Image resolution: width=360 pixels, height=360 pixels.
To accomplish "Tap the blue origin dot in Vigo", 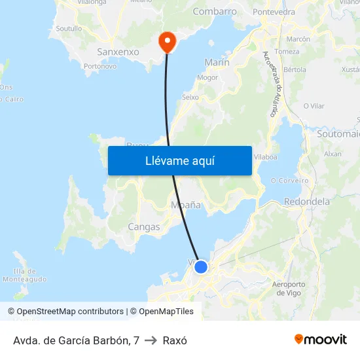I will [201, 267].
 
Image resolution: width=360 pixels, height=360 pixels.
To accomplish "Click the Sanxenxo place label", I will [118, 51].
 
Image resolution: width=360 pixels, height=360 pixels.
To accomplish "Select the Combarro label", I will [215, 11].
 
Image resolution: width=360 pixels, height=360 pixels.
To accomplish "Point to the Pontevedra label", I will [274, 12].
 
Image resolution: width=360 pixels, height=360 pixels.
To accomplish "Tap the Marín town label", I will [217, 62].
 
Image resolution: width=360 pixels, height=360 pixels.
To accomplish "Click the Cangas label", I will [144, 227].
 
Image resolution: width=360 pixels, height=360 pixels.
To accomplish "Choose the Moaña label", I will [185, 205].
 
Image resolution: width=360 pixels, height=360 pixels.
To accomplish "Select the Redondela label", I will [307, 202].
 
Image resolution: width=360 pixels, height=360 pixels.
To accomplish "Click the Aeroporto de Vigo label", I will [287, 289].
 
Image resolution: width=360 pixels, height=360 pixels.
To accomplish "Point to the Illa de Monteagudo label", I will [24, 275].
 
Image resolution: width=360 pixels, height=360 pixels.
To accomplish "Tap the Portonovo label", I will [100, 66].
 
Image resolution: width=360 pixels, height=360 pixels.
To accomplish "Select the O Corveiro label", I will [289, 181].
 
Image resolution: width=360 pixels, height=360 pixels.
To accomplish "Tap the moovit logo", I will [320, 339].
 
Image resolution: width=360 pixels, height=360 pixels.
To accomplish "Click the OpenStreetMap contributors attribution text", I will [65, 312].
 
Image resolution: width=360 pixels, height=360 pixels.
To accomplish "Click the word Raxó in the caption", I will [175, 340].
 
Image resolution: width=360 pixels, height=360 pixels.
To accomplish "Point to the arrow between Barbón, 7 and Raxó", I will [151, 340].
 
